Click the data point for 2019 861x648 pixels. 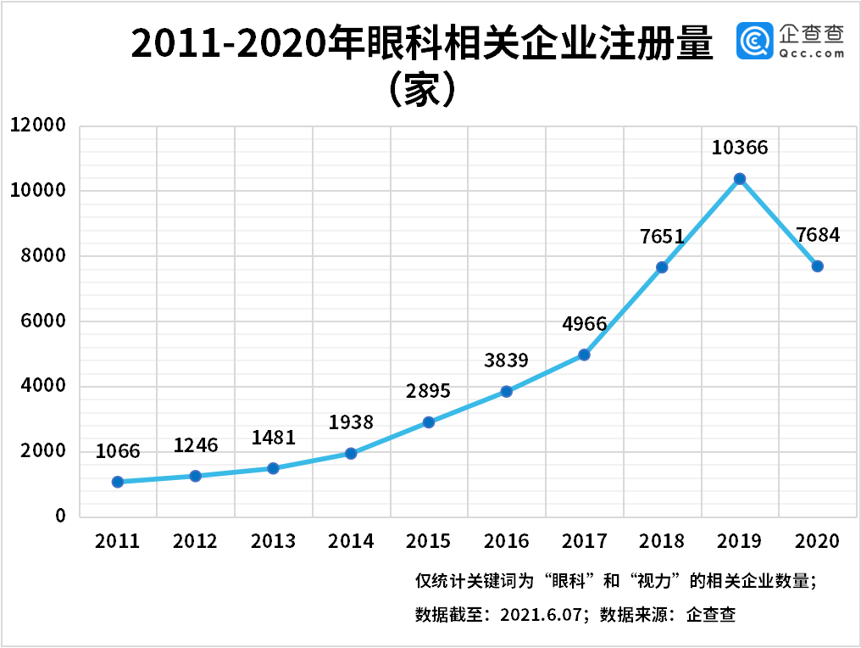pyautogui.click(x=740, y=179)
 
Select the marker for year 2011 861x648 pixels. pyautogui.click(x=118, y=482)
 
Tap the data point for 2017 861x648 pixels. pyautogui.click(x=584, y=355)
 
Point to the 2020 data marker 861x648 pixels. pyautogui.click(x=817, y=266)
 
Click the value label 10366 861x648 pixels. pyautogui.click(x=740, y=148)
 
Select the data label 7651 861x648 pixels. pyautogui.click(x=662, y=237)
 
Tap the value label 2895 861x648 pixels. pyautogui.click(x=429, y=391)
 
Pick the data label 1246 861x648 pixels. pyautogui.click(x=196, y=445)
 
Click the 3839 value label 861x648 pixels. pyautogui.click(x=506, y=360)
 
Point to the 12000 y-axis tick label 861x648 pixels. pyautogui.click(x=38, y=126)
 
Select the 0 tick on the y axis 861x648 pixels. pyautogui.click(x=60, y=517)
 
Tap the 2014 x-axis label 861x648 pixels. pyautogui.click(x=351, y=541)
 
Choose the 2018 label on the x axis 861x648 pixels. pyautogui.click(x=662, y=541)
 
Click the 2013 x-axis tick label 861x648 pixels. pyautogui.click(x=273, y=541)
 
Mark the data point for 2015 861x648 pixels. pyautogui.click(x=429, y=422)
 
